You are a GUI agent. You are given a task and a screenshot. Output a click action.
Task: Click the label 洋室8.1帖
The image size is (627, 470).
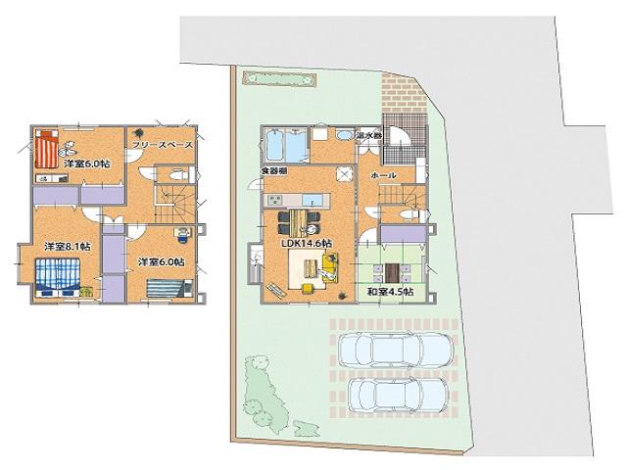point(67,247)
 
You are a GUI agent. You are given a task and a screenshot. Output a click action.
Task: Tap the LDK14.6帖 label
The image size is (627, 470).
point(306,243)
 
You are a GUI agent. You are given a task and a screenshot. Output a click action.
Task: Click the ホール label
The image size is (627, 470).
point(383,175)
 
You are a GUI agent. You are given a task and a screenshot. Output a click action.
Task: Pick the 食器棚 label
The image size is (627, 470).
point(273,172)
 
